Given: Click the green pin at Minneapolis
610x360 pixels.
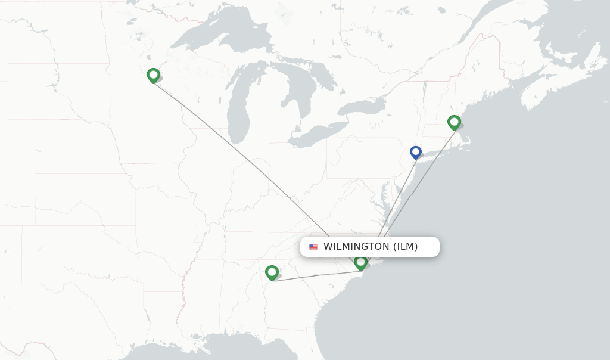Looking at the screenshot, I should click(153, 75).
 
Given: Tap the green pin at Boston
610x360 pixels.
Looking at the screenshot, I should click(454, 122).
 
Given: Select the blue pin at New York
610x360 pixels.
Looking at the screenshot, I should click(416, 152).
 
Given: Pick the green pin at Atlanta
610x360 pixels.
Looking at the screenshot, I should click(272, 272).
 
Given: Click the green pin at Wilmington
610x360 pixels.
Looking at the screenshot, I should click(360, 262).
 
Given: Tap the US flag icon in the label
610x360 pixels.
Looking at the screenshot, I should click(313, 247).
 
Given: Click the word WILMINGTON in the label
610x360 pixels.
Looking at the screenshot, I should click(356, 247).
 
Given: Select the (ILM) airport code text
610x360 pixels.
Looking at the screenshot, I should click(405, 247).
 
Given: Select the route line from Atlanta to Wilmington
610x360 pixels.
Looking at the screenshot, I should click(316, 276).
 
